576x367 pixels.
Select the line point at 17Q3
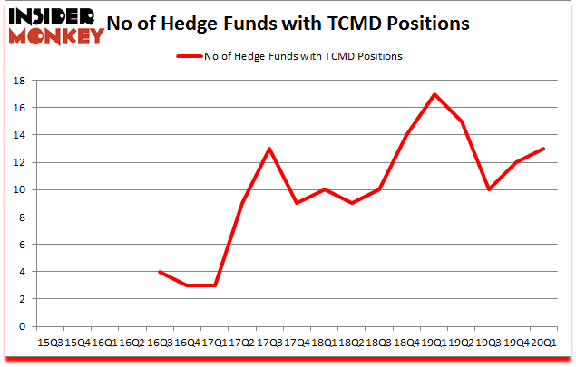click(269, 149)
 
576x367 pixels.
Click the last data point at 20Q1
click(544, 149)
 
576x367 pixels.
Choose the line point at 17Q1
click(216, 285)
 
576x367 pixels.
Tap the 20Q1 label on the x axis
click(544, 343)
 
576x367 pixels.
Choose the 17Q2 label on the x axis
click(242, 343)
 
